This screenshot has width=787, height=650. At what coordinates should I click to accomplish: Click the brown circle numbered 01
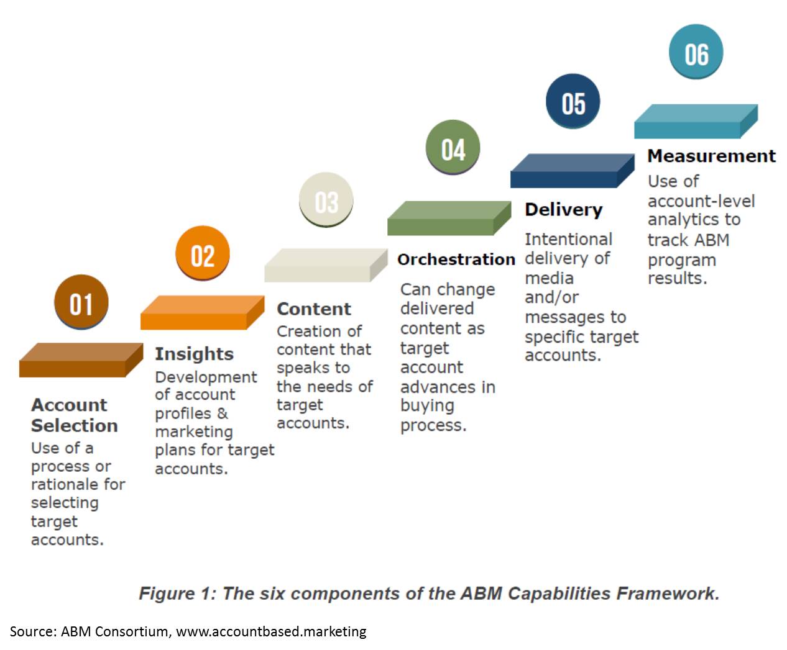81,302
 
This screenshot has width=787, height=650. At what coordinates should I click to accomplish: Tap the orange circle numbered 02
203,254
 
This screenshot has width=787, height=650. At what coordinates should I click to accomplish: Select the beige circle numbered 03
326,201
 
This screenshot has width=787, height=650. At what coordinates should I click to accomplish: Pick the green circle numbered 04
453,148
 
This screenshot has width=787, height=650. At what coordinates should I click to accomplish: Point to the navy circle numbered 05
573,101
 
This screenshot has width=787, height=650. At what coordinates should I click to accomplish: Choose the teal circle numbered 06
696,52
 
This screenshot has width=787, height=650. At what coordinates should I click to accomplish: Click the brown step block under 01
80,360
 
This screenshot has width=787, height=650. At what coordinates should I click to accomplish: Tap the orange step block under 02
202,312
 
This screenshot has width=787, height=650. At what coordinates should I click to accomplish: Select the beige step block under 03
325,265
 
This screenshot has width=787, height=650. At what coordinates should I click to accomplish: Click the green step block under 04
448,218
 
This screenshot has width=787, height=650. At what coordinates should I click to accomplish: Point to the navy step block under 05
571,171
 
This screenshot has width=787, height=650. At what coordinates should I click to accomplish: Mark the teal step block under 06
695,121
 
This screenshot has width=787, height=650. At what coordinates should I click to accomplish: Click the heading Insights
194,354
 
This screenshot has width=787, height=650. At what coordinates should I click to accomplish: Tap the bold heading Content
313,309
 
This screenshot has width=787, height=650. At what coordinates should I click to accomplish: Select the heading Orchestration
456,260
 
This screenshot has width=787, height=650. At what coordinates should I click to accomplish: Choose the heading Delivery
563,210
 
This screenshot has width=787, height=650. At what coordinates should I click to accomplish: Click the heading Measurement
711,156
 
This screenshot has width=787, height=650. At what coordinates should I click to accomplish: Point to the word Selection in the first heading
74,426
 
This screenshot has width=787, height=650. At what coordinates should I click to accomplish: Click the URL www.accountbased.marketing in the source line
271,631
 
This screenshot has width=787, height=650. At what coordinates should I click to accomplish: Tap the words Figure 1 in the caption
175,594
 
